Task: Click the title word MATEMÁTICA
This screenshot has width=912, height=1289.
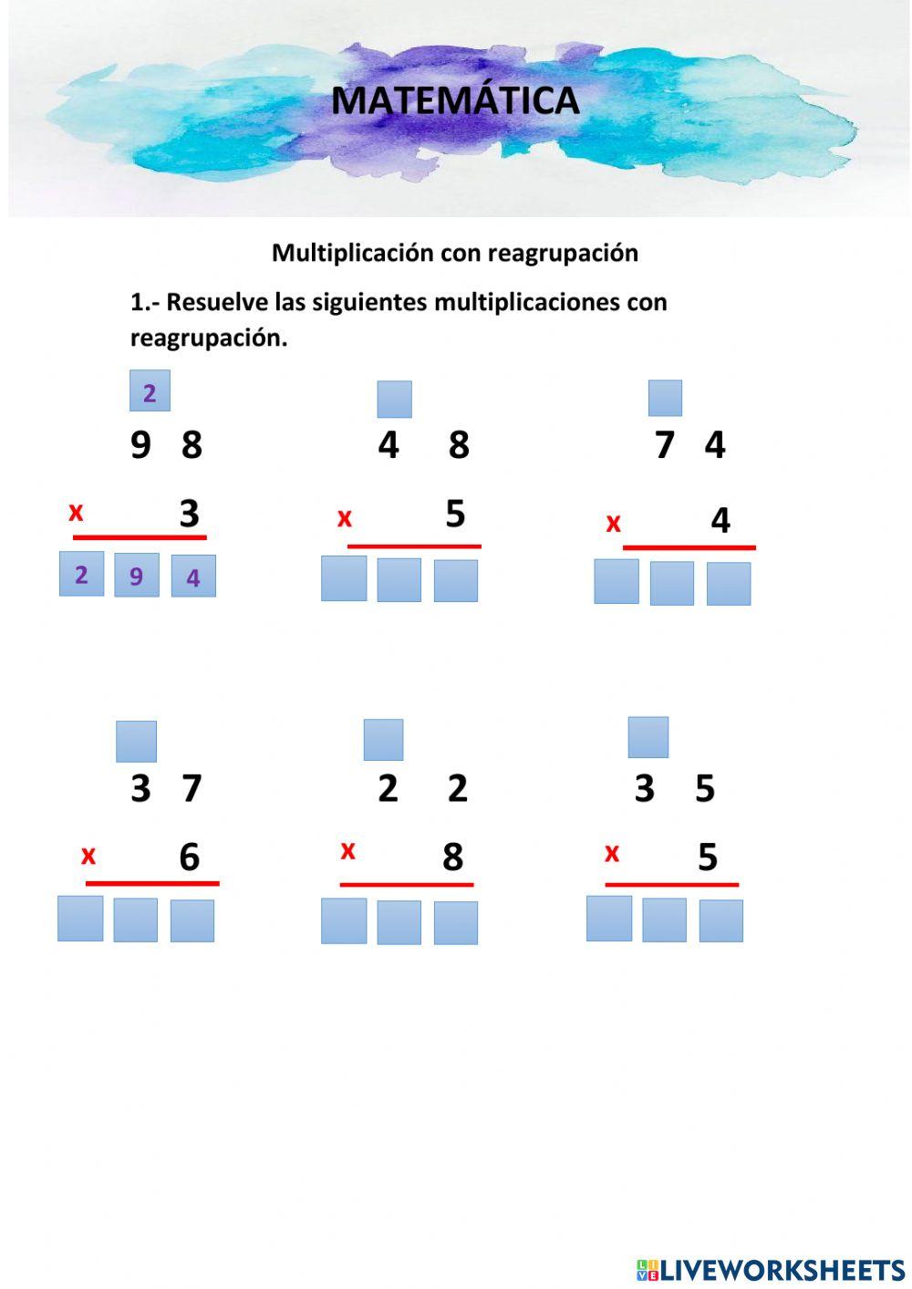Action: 455,100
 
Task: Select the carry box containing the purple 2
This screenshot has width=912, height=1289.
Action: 150,392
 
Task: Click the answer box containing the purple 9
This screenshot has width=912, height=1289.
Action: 137,576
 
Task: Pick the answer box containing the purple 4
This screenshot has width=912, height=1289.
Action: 193,577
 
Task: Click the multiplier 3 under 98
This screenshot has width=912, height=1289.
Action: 189,514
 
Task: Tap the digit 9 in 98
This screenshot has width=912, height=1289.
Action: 140,445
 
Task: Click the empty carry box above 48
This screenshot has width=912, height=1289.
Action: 395,400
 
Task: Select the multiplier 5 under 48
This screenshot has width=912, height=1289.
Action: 455,515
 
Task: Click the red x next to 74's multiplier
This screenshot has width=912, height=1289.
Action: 614,523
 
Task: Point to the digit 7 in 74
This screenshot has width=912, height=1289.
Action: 665,445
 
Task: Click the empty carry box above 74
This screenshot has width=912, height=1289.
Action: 665,398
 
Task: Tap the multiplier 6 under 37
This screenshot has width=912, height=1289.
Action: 189,857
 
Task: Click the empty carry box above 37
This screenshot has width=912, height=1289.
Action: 136,741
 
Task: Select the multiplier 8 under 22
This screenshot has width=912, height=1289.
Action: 453,857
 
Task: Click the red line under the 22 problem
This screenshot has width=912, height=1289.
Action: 407,884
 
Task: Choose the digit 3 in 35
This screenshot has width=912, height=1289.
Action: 645,788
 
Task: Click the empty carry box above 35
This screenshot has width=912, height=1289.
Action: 648,737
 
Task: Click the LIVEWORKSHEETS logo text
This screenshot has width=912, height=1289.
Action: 782,1270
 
